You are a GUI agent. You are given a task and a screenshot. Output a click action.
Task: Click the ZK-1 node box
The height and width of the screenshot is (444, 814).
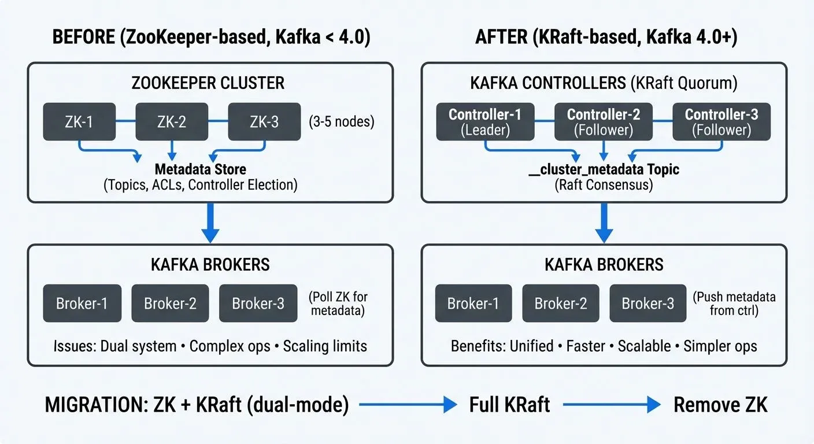pyautogui.click(x=79, y=122)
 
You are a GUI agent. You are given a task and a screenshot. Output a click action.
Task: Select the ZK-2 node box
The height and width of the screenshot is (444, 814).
pyautogui.click(x=171, y=122)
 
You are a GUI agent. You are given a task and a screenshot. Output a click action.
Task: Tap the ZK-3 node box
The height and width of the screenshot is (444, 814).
pyautogui.click(x=264, y=122)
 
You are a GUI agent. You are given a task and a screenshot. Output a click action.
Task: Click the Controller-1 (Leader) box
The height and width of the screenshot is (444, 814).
pyautogui.click(x=484, y=122)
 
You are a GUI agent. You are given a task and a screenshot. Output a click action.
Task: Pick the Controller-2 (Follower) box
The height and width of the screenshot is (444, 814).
pyautogui.click(x=603, y=122)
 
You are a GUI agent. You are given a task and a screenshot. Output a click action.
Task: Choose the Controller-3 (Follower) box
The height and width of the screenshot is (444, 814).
pyautogui.click(x=721, y=122)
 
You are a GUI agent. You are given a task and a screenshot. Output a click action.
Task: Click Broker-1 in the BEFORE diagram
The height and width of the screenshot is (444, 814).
pyautogui.click(x=82, y=304)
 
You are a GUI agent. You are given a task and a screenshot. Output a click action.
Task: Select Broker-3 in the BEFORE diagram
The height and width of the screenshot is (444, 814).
pyautogui.click(x=258, y=304)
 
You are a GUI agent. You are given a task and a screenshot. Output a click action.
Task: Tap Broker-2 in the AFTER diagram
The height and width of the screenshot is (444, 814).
pyautogui.click(x=560, y=304)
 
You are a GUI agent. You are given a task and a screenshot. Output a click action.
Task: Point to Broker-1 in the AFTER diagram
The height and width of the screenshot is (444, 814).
pyautogui.click(x=473, y=304)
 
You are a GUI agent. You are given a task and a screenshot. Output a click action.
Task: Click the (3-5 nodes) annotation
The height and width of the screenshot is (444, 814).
pyautogui.click(x=341, y=123)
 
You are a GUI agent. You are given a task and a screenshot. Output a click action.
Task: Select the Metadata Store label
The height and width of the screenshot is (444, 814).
pyautogui.click(x=200, y=169)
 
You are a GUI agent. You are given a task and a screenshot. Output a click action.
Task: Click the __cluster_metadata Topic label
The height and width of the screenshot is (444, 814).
pyautogui.click(x=604, y=169)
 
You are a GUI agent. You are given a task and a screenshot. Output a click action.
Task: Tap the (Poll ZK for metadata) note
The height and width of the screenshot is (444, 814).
pyautogui.click(x=339, y=304)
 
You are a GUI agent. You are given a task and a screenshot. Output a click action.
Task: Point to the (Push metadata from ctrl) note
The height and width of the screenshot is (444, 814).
pyautogui.click(x=734, y=304)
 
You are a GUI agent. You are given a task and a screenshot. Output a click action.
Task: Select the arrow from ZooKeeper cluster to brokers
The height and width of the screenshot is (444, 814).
pyautogui.click(x=210, y=223)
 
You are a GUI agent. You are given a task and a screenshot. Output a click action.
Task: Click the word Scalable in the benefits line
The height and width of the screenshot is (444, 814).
pyautogui.click(x=644, y=346)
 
